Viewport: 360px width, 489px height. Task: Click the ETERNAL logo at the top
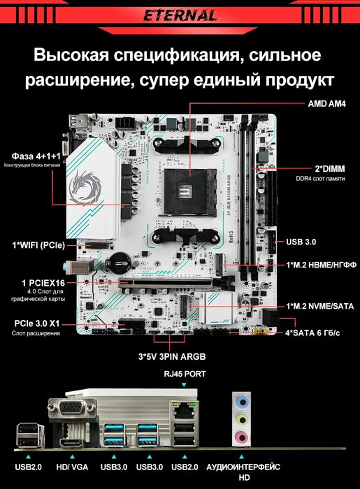tap(180, 15)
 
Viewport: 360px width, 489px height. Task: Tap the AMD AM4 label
tap(326, 104)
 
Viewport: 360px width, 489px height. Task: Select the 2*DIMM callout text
tap(330, 169)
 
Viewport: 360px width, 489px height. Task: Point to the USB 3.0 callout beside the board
tap(301, 242)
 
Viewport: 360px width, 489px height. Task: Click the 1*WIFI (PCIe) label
tap(38, 245)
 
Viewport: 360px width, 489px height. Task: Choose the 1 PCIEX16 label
tap(43, 283)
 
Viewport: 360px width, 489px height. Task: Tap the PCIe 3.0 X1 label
tap(37, 323)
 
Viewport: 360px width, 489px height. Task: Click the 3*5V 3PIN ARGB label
tap(172, 356)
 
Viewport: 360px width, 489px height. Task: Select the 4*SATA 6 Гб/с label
tap(312, 333)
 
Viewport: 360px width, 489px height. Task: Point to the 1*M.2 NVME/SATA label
tap(320, 306)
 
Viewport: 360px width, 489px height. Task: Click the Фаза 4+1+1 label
tap(36, 156)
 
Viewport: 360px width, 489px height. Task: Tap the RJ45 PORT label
tap(185, 374)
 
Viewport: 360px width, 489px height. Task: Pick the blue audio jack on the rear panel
tap(242, 402)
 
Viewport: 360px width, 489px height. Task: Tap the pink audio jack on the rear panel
tap(242, 437)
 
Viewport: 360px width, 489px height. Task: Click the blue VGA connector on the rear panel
tap(71, 408)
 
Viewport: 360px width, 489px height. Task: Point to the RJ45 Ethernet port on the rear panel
tap(184, 411)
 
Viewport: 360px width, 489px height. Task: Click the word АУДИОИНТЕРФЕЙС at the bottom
tap(243, 467)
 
